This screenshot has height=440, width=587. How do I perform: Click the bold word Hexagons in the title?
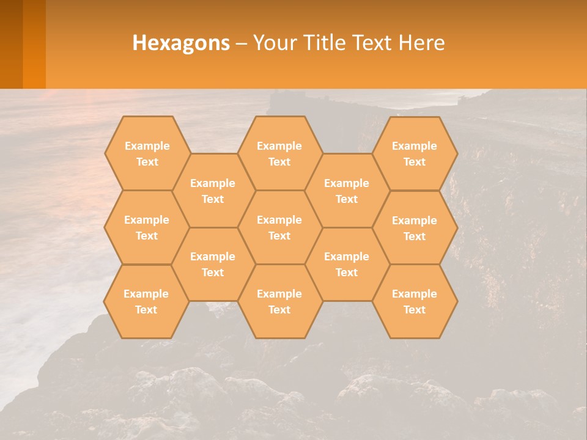point(181,43)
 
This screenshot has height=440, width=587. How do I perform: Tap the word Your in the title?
point(275,43)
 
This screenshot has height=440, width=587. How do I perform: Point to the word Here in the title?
point(422,43)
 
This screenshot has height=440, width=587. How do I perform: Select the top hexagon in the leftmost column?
point(147,153)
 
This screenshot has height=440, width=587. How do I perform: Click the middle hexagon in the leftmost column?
point(147,227)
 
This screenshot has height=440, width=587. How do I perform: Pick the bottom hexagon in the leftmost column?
point(146,301)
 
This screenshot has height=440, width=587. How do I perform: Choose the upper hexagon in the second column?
point(213,191)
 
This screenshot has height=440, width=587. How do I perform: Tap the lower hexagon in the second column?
point(213,264)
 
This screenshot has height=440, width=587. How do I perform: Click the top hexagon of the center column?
point(279,153)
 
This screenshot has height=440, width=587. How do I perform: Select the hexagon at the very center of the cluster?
point(279,227)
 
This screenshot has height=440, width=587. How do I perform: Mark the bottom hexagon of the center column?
point(279,301)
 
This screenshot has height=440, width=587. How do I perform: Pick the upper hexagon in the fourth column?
point(347,191)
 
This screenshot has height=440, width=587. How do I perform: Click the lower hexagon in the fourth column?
point(347,264)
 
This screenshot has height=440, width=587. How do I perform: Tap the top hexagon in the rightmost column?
point(415,153)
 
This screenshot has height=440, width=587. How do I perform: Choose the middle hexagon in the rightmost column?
point(415,228)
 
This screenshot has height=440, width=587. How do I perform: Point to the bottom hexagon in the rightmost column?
point(415,301)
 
